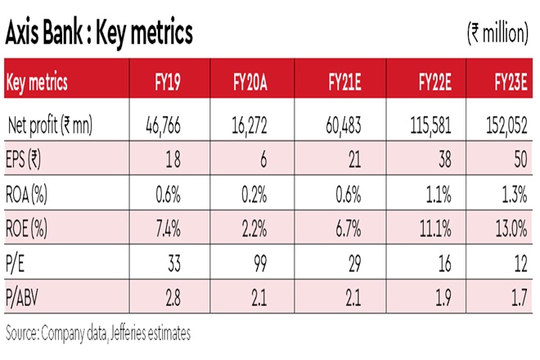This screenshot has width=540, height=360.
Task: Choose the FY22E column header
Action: coord(435,83)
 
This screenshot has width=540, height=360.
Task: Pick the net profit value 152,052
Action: coord(508,126)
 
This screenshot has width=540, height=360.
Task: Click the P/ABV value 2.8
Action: coord(188,295)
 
